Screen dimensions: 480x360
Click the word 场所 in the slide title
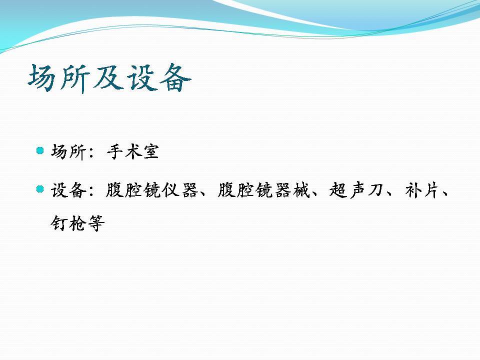[59, 78]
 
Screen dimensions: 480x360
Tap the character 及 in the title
[107, 78]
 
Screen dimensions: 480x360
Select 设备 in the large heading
[159, 78]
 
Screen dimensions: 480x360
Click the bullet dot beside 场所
[40, 150]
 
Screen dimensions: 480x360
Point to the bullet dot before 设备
[40, 189]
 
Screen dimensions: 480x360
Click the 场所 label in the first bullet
[68, 151]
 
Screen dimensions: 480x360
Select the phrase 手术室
[133, 151]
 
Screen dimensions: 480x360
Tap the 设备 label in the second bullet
[68, 190]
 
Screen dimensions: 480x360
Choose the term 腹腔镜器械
[264, 190]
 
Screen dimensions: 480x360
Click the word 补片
[422, 190]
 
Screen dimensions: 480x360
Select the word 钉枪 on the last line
[68, 223]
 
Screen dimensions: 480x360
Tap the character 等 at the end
[96, 223]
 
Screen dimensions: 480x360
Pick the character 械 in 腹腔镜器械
[301, 190]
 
